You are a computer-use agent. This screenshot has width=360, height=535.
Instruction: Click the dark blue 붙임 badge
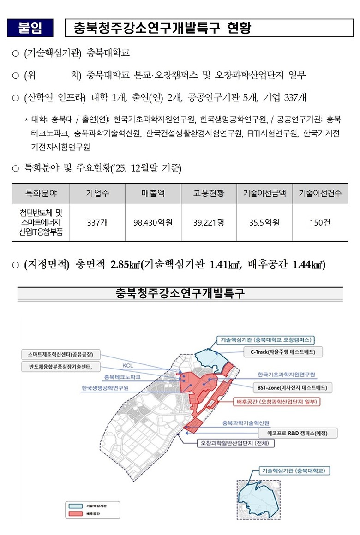(x=30, y=28)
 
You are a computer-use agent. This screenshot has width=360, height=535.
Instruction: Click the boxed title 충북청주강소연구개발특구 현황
(x=162, y=29)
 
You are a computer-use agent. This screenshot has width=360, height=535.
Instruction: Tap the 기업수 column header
(x=97, y=193)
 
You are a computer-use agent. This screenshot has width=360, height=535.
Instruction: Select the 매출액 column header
(x=153, y=193)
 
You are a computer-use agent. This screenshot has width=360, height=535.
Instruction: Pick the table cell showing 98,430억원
(x=153, y=222)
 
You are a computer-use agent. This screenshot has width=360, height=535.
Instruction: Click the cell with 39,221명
(x=209, y=222)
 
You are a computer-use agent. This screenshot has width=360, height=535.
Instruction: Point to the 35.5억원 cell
(x=264, y=222)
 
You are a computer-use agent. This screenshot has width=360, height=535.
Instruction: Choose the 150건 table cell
(x=320, y=222)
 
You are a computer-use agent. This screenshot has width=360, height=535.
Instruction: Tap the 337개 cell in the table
(x=97, y=222)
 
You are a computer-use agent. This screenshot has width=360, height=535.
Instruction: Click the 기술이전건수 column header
(x=320, y=193)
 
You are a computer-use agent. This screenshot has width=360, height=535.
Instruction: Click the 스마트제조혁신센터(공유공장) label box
(x=60, y=355)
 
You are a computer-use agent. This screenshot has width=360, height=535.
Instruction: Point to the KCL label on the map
(x=128, y=366)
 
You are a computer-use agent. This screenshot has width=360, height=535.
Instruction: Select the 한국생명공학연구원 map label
(x=105, y=388)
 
